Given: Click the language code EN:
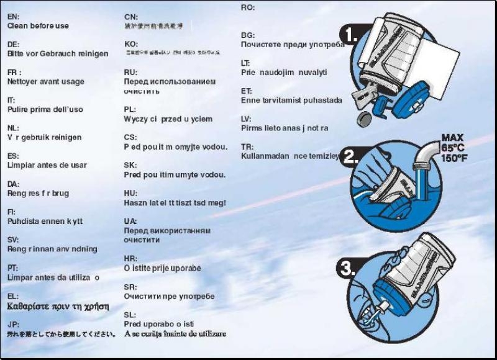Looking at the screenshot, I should [12, 17].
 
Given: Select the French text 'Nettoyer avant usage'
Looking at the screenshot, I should [45, 82].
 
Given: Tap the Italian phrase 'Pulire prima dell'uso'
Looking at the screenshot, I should [45, 109].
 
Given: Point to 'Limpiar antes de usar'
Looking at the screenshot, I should [47, 166].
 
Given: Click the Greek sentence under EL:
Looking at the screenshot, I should [58, 307].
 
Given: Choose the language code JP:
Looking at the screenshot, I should [13, 324].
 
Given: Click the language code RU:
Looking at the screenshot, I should [130, 73].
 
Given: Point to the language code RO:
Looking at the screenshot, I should [247, 7].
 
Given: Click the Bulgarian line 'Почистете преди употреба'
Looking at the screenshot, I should [292, 45].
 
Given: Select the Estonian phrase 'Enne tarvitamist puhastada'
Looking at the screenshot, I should [291, 100].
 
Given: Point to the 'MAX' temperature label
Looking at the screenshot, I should [453, 138].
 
